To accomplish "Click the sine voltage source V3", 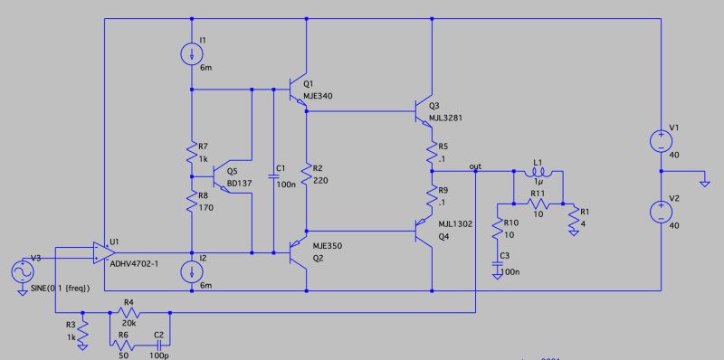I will coord(19,270).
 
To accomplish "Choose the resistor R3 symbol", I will coord(82,331).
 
